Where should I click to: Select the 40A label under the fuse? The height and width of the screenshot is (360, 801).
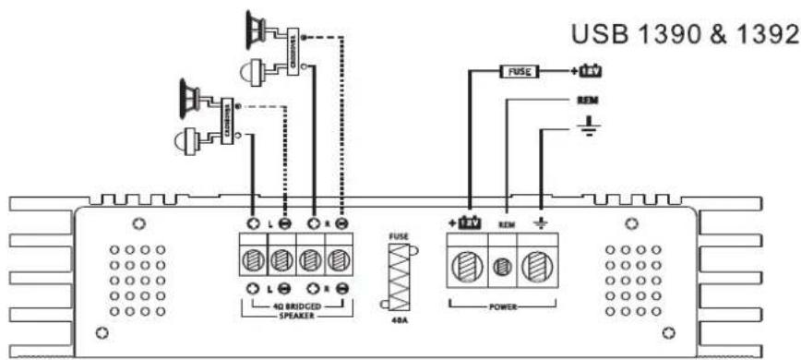[x=398, y=322]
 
